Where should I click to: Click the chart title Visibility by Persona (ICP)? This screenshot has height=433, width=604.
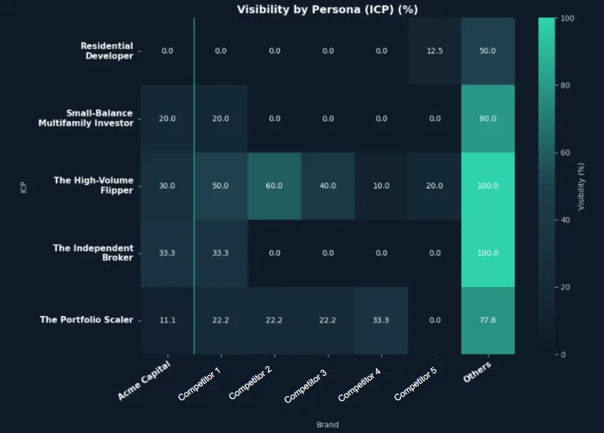point(327,10)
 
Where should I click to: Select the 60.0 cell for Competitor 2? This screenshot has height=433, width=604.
point(273,186)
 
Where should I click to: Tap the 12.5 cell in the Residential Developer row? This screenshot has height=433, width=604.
point(434,51)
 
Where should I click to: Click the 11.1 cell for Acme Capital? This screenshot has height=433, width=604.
point(167,320)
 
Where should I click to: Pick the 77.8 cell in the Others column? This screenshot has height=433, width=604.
point(487,320)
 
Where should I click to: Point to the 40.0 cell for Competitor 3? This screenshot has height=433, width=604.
point(327,186)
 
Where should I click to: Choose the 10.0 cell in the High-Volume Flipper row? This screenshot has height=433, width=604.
point(381,186)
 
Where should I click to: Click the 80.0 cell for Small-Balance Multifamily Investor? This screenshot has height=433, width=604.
point(487,119)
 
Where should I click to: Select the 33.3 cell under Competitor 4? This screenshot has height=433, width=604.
point(381,320)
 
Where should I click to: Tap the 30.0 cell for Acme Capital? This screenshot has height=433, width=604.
point(167,186)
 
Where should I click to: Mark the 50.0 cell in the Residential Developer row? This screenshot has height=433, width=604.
point(487,51)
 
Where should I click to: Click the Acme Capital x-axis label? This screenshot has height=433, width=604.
point(145,380)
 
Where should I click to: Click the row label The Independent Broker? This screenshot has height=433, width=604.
point(93,252)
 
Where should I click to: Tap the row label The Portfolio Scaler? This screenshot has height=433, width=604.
point(86,320)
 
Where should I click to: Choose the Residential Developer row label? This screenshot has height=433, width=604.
point(107,51)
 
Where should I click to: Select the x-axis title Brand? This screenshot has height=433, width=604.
point(327,425)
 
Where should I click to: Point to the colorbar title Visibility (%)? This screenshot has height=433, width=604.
point(581,186)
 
